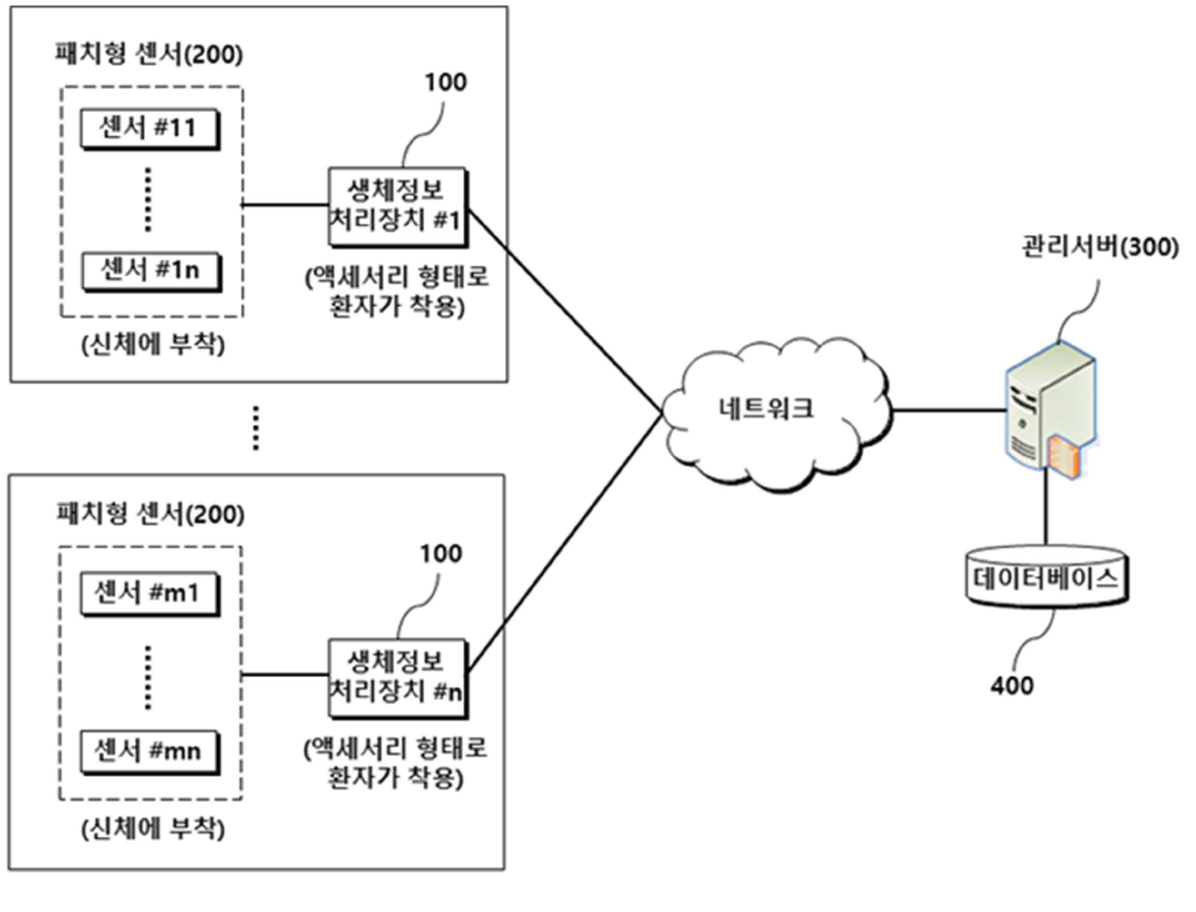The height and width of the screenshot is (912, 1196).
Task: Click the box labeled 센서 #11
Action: click(x=149, y=129)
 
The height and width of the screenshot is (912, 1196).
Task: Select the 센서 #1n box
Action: click(x=150, y=271)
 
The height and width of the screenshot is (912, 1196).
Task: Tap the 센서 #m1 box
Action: click(x=149, y=594)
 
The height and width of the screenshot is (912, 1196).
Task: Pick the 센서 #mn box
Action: click(x=149, y=752)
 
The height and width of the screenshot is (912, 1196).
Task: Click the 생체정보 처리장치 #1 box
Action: click(x=397, y=207)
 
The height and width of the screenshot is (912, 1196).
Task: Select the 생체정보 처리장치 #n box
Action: click(x=397, y=679)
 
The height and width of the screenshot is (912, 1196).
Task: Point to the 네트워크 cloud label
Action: click(x=766, y=409)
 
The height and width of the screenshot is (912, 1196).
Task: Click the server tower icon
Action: click(x=1049, y=410)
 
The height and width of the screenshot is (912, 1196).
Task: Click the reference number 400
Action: click(x=1011, y=685)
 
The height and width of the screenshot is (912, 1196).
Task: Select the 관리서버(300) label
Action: click(x=1100, y=247)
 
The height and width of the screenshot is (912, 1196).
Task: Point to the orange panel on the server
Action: click(x=1064, y=456)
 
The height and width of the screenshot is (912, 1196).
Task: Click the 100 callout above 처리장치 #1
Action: click(x=446, y=82)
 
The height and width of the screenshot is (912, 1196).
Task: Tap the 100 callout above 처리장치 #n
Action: click(x=441, y=553)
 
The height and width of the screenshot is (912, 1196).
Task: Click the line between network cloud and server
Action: click(x=949, y=410)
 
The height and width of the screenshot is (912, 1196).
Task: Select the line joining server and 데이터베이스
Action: click(x=1046, y=506)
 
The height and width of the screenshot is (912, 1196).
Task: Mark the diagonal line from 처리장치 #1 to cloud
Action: click(x=565, y=311)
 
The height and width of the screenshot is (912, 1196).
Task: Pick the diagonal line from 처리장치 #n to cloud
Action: click(x=565, y=543)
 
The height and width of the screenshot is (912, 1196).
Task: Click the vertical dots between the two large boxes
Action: click(x=256, y=428)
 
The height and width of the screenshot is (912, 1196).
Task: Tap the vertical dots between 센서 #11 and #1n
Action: click(x=148, y=200)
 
